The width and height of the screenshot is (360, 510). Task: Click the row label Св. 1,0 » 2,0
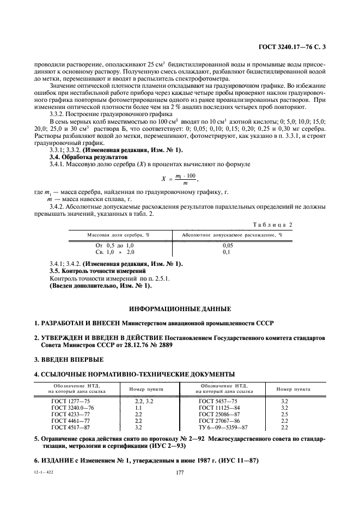(114, 252)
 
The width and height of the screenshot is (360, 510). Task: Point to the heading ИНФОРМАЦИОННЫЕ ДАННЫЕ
(180, 308)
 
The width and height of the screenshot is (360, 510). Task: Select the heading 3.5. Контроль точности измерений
(97, 271)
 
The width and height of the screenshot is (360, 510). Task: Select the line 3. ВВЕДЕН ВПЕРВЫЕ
(69, 360)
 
